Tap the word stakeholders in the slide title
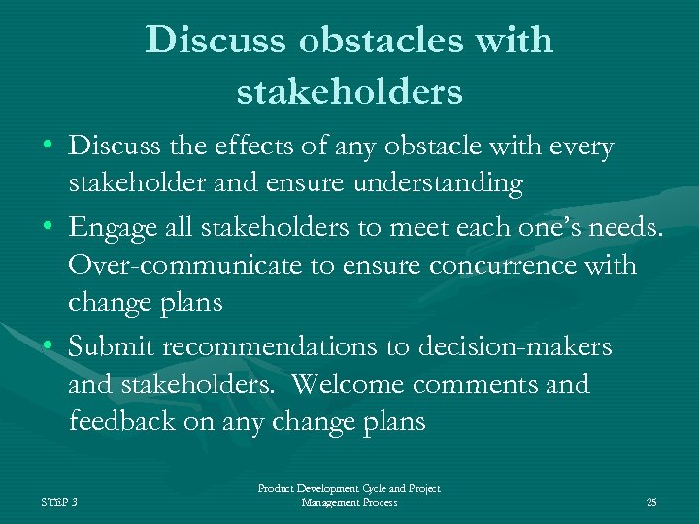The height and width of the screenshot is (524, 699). click(x=349, y=92)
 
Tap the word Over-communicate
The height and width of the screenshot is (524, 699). click(x=187, y=265)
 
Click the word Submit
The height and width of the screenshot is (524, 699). click(x=113, y=346)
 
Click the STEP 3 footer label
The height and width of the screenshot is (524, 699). click(x=60, y=502)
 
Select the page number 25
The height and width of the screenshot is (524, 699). click(x=651, y=502)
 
